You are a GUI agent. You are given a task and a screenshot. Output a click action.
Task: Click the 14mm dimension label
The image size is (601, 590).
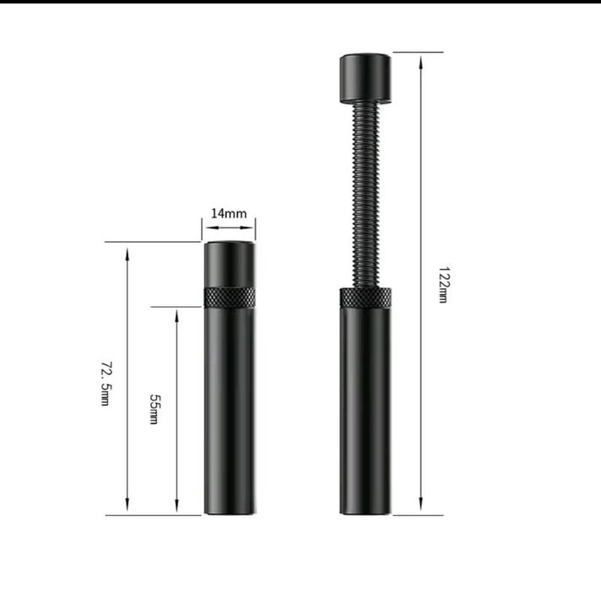229,213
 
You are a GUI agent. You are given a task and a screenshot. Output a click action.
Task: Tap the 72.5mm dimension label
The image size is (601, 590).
106,383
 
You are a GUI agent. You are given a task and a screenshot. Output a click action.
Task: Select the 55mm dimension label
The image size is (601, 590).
154,409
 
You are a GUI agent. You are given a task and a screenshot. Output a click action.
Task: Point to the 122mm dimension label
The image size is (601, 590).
443,285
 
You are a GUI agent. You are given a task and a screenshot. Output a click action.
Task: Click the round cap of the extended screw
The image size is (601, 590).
365,78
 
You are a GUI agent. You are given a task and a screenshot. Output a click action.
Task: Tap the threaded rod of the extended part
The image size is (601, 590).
365,196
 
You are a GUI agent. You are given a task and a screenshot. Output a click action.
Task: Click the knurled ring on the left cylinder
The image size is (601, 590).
230,298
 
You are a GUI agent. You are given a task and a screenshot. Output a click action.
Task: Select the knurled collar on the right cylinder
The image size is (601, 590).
365,298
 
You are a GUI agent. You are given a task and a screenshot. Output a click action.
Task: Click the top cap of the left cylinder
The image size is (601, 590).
230,264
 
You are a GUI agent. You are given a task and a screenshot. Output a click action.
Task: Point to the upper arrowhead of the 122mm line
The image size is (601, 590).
421,62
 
